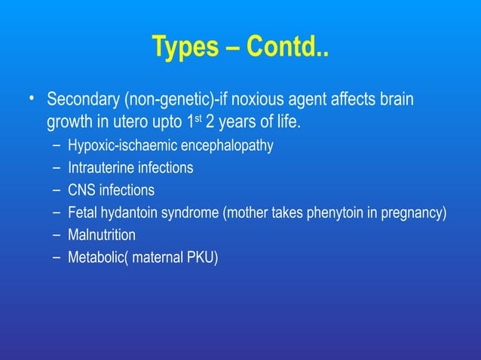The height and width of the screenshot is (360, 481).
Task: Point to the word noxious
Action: [x=244, y=100]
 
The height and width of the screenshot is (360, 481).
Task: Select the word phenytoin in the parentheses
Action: [x=334, y=213]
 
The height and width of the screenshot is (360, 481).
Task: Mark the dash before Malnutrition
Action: [x=57, y=236]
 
